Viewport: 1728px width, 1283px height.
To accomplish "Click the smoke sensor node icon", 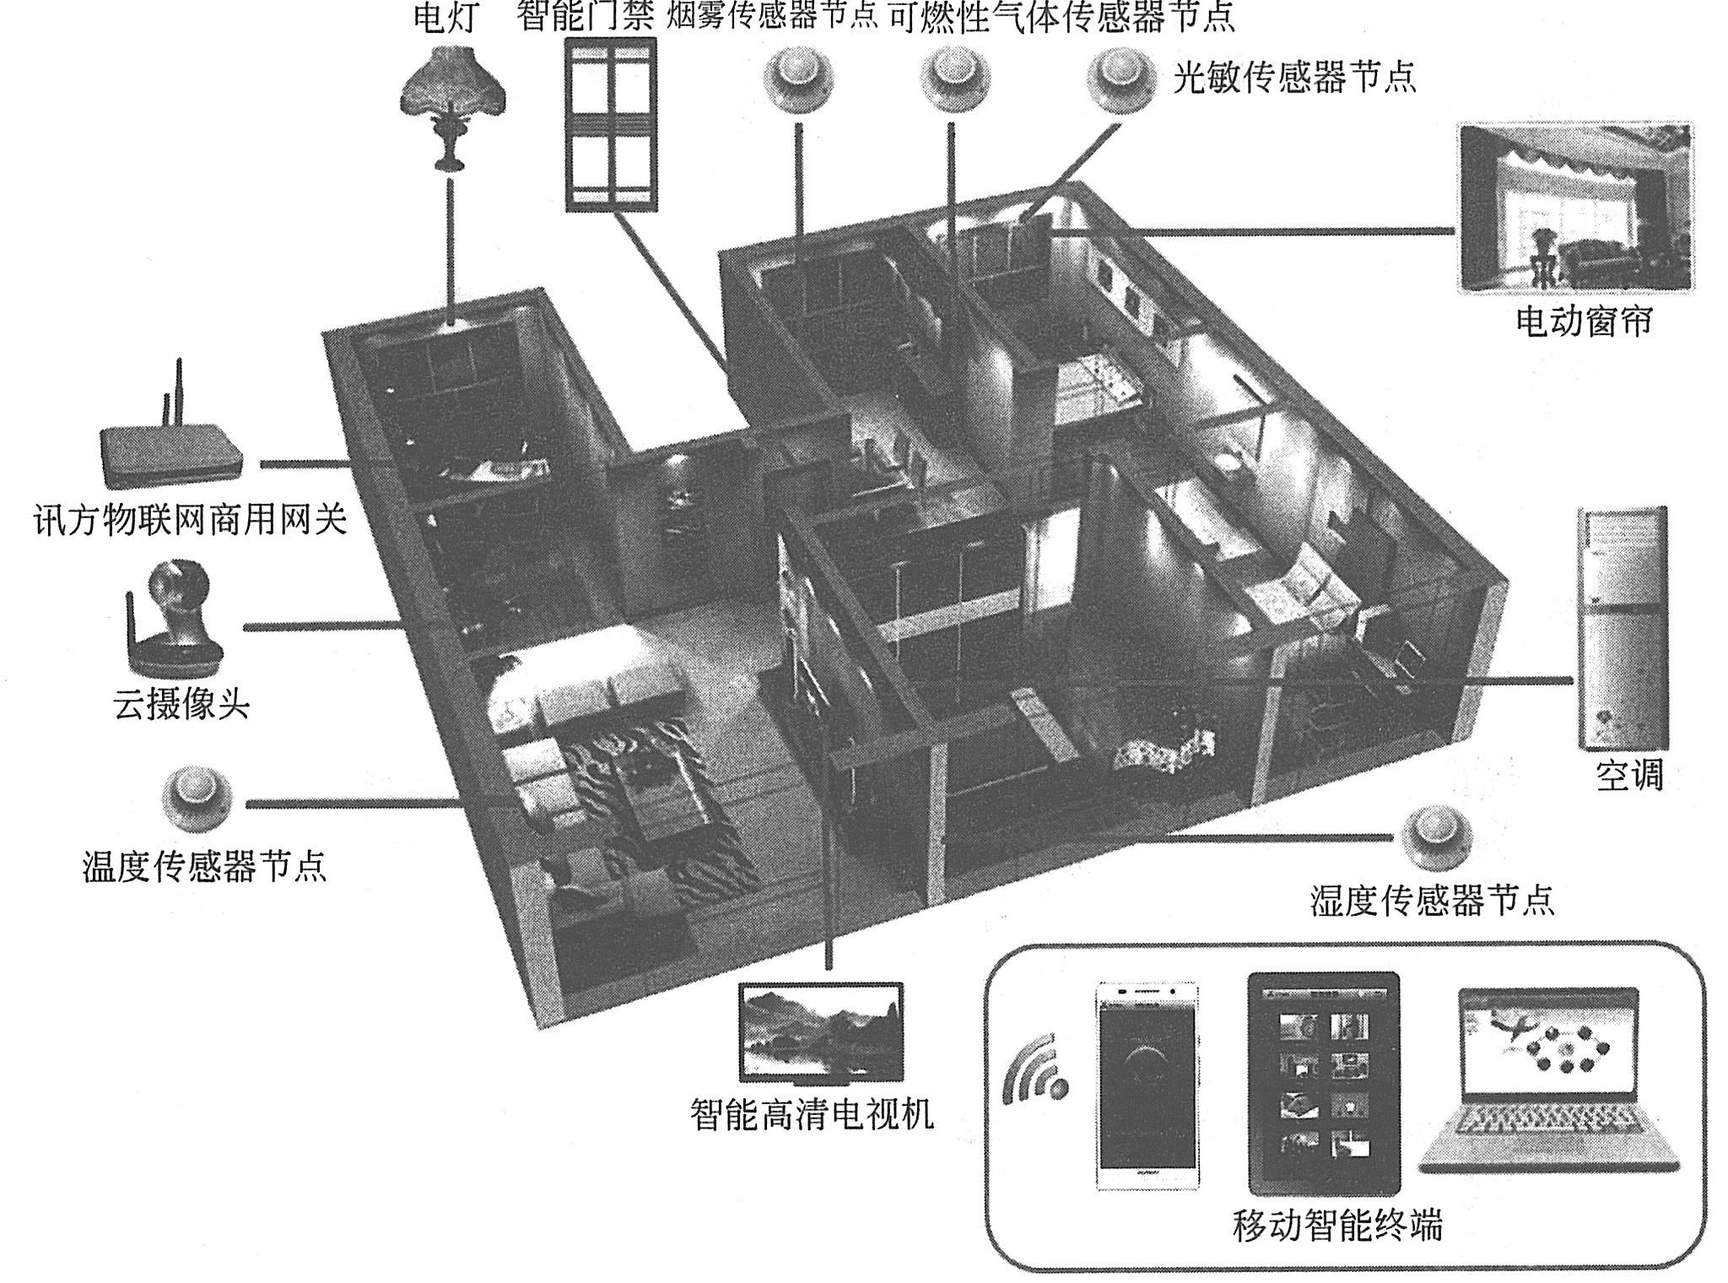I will point(798,78).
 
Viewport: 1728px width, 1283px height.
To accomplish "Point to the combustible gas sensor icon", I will point(955,78).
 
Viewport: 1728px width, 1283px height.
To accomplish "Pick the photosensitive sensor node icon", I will point(1123,78).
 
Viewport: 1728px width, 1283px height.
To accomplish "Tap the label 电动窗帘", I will point(1584,322).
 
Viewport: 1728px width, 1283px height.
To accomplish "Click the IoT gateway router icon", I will point(171,447).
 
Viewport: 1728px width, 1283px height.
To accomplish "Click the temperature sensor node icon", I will point(197,798).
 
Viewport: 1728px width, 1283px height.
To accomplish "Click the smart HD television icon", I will point(820,1032).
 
